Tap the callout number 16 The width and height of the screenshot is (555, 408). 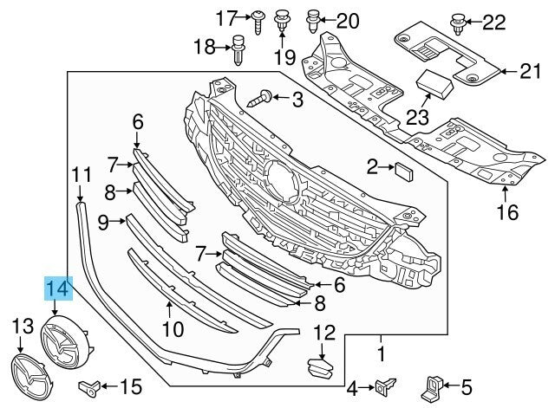pos(506,209)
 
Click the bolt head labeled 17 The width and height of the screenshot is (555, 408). pos(258,16)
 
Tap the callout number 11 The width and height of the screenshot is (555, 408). pos(81,174)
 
